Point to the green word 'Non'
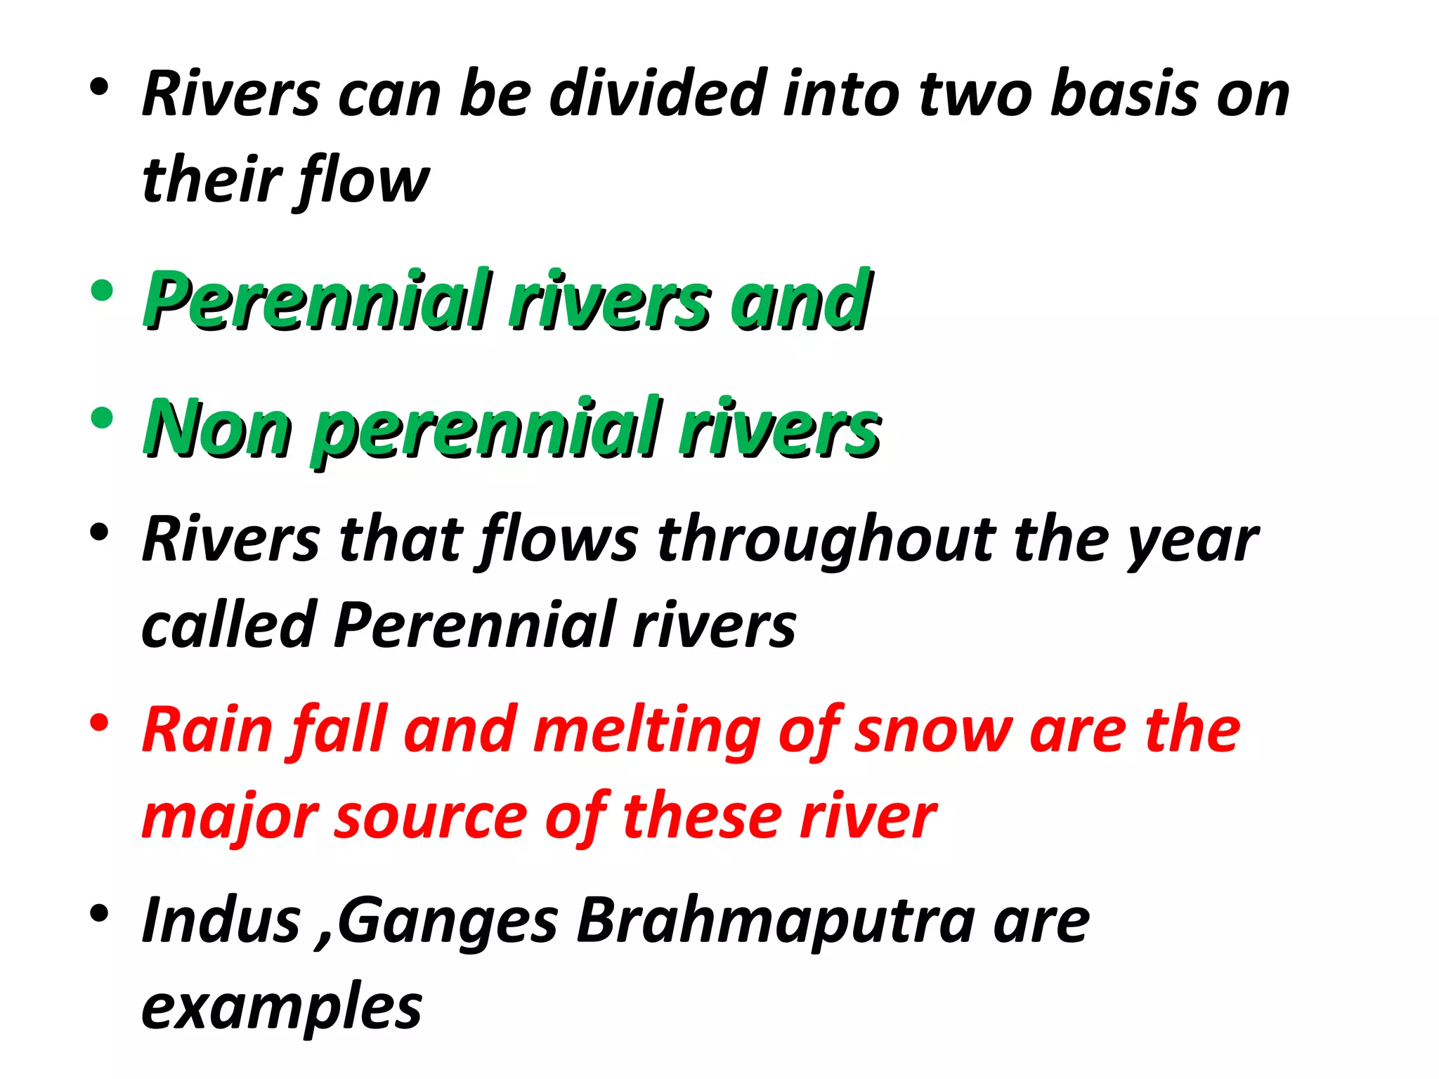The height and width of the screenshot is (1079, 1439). (218, 428)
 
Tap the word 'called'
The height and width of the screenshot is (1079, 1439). (228, 624)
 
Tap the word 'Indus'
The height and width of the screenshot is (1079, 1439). (221, 920)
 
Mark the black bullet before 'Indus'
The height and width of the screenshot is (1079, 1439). (100, 913)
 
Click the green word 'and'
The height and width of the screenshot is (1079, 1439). (801, 301)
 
